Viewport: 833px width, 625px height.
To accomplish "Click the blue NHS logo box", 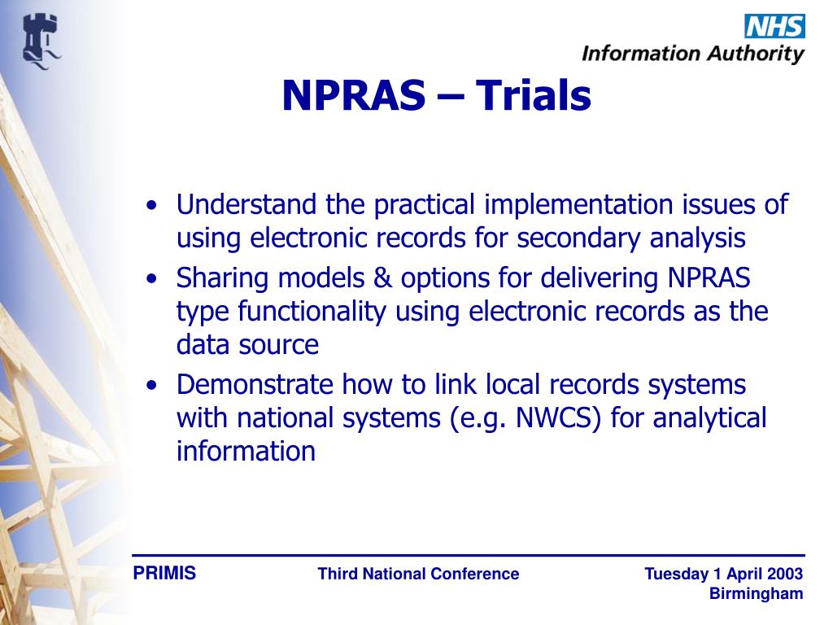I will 774,26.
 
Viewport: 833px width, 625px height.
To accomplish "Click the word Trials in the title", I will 533,96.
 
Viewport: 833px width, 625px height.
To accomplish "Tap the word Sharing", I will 223,278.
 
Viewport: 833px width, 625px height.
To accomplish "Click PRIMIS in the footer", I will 164,574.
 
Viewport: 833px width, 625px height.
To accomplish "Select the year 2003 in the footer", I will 785,575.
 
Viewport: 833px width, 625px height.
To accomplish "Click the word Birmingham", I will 756,594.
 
